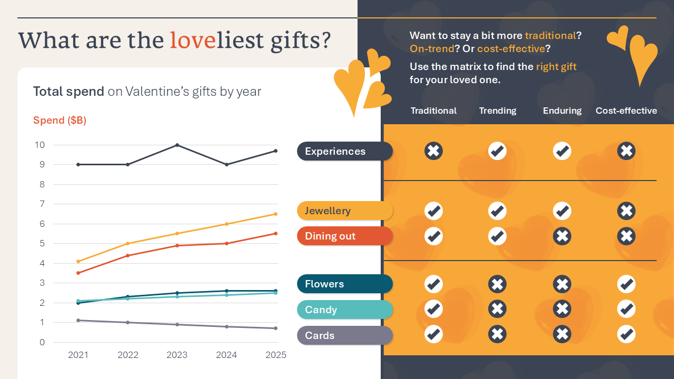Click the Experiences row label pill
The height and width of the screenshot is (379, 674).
(345, 151)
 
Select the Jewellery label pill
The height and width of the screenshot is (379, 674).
(345, 211)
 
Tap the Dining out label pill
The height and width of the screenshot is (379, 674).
(345, 236)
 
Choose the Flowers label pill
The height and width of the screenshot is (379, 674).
(345, 284)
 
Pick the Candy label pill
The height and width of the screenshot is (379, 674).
(345, 310)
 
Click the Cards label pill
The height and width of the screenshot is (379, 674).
(345, 335)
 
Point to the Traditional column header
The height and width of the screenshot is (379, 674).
(433, 111)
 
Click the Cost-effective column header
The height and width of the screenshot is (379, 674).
(626, 111)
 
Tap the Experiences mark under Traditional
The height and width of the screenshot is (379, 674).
(433, 151)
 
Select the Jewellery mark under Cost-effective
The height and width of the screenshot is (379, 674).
(626, 211)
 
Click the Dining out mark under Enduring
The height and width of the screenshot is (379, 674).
(562, 236)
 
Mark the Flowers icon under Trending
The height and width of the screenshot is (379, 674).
(497, 284)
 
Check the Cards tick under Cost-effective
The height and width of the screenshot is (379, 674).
(626, 334)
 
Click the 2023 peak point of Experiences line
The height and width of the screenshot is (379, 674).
(177, 145)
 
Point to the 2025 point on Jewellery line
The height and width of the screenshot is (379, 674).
(275, 214)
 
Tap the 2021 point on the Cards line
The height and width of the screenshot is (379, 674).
(78, 320)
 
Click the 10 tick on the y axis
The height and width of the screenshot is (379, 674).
(41, 145)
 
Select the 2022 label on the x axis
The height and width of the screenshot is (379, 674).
(127, 355)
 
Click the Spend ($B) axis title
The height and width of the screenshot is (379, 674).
(60, 120)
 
